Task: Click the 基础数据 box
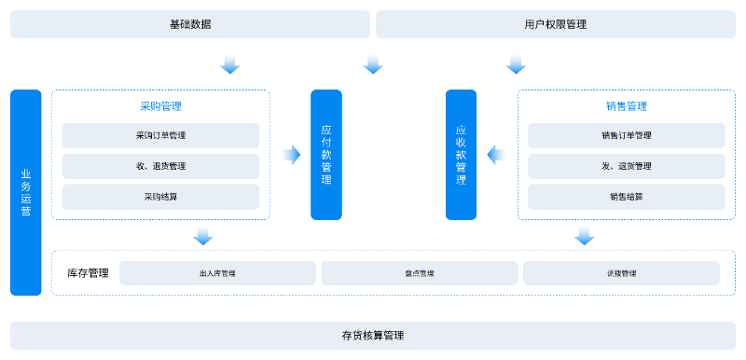coord(190,24)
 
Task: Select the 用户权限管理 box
coord(556,24)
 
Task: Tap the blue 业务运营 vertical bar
coord(26,192)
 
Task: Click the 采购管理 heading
coord(160,106)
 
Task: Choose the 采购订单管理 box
coord(160,135)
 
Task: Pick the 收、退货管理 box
coord(160,166)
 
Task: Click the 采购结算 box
coord(160,197)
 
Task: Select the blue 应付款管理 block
coord(326,155)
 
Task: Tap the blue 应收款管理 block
coord(461,155)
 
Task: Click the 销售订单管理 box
coord(627,135)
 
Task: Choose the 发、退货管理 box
coord(627,166)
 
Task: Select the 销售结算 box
coord(627,197)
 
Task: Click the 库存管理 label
coord(88,273)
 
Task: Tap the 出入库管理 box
coord(217,273)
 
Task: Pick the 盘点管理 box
coord(420,273)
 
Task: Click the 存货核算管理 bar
coord(373,335)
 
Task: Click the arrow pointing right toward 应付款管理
coord(291,155)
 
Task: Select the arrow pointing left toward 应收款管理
coord(496,155)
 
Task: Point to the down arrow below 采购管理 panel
coord(203,236)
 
